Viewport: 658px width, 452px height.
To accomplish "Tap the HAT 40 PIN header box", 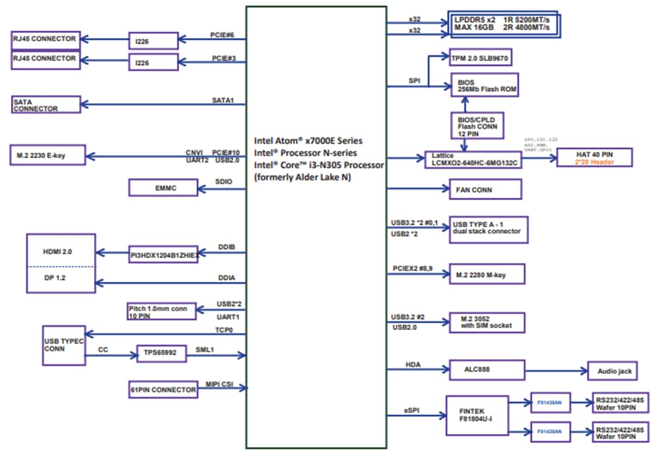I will [x=594, y=157].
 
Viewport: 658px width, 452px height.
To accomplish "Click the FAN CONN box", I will [x=484, y=189].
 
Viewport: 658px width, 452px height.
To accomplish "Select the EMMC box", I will [x=163, y=188].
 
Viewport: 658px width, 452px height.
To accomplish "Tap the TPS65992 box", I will [x=161, y=354].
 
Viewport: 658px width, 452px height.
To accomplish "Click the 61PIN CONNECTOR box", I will [x=163, y=389].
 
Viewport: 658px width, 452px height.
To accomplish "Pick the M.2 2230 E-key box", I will [x=48, y=156].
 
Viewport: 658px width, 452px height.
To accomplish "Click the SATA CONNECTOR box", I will [x=47, y=105].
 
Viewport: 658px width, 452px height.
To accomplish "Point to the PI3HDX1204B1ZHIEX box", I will [x=163, y=254].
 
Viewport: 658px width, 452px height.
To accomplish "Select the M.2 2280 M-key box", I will [x=486, y=274].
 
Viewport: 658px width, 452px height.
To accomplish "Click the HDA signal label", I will [x=413, y=364].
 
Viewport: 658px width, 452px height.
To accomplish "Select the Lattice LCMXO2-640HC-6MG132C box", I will [x=473, y=159].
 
